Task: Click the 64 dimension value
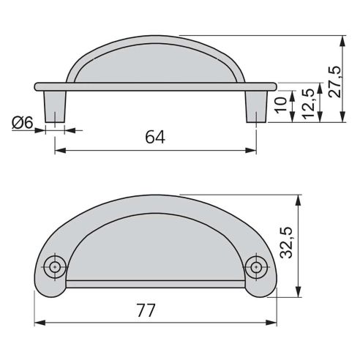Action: (x=154, y=137)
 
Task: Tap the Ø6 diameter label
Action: (x=22, y=124)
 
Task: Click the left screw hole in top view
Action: (x=55, y=267)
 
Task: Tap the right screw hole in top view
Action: (x=255, y=267)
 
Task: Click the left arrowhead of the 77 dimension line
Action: (x=40, y=322)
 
